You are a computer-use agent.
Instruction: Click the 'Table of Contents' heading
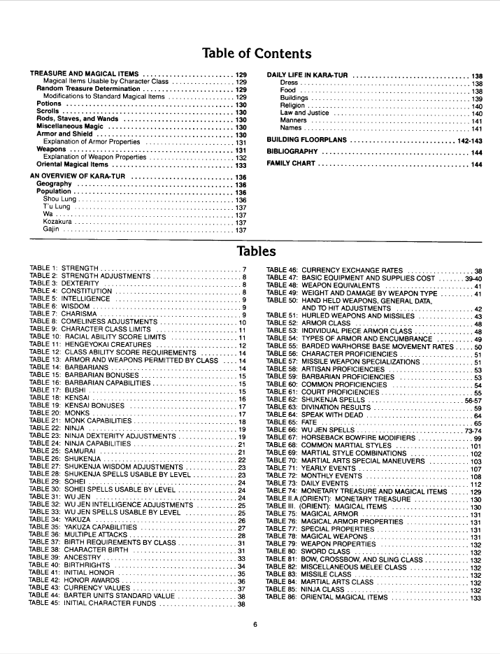256,54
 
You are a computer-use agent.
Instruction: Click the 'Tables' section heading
256,250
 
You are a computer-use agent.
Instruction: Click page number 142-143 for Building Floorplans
468,140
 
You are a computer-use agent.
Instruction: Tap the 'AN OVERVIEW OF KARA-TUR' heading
78,177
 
